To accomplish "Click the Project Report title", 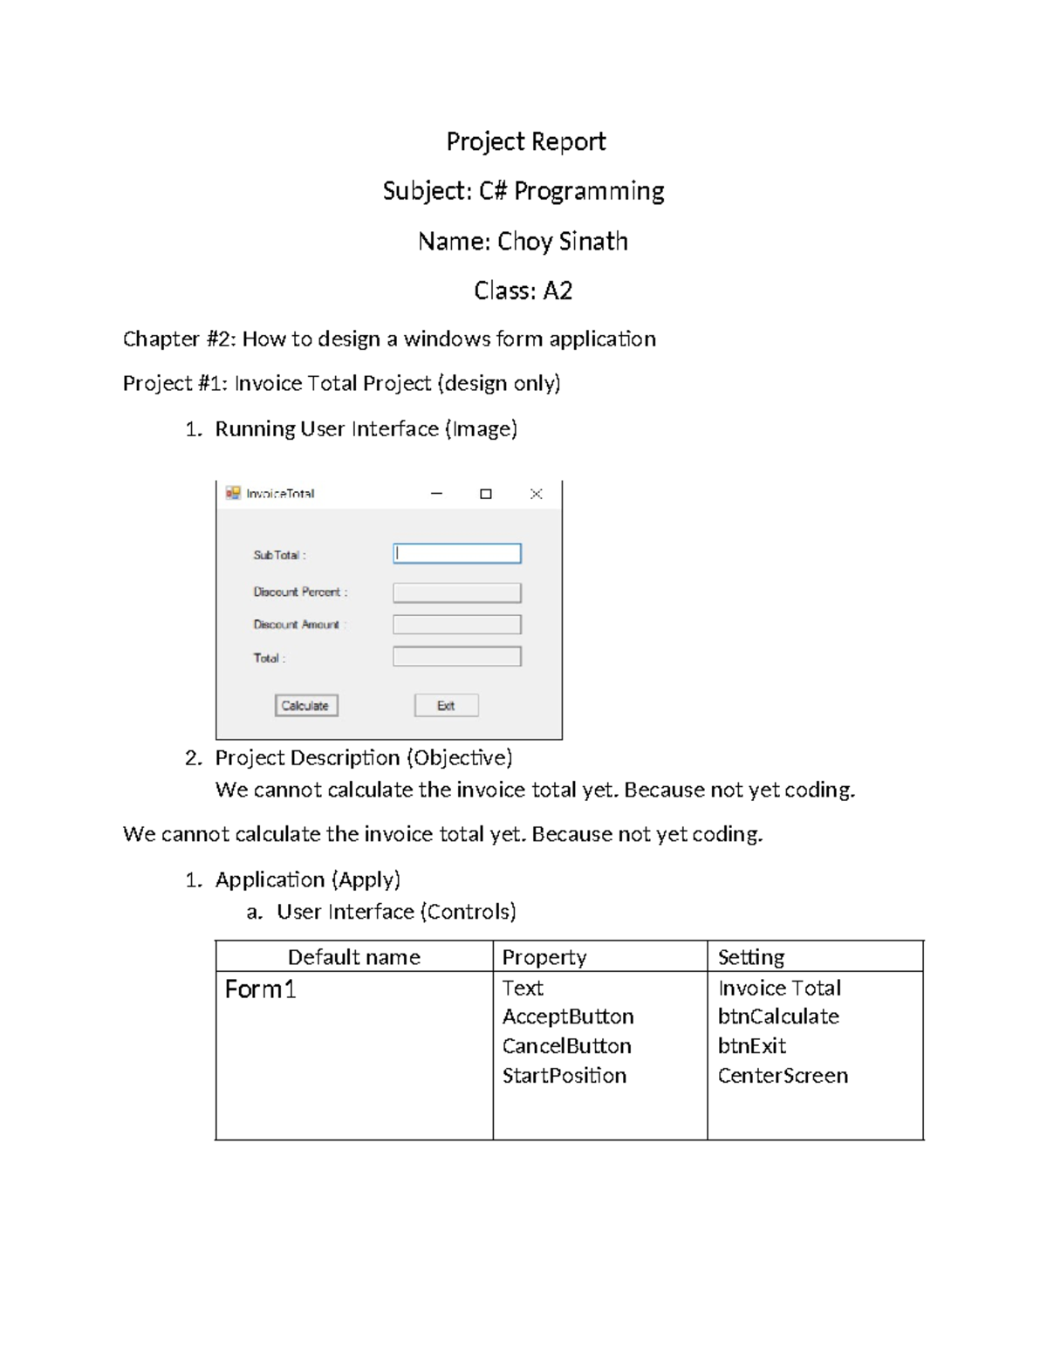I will pos(525,141).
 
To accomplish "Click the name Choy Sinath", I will pos(562,241).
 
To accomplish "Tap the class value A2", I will pos(558,291).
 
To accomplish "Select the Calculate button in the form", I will pos(306,705).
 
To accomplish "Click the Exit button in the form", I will pos(446,705).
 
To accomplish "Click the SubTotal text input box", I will pos(457,553).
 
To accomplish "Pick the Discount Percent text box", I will pos(457,592).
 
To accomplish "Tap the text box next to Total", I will pos(457,656).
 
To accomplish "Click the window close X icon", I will pos(537,494).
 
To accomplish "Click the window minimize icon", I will pos(436,494).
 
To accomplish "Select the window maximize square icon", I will pos(486,494).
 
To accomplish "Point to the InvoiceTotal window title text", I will pos(280,494).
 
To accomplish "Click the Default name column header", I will pos(353,957).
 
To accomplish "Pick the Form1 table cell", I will pos(260,989).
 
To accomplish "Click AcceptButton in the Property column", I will pos(568,1016).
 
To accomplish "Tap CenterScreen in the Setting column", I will pos(783,1076).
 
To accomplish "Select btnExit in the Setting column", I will pos(751,1046).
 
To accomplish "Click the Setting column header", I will pos(750,957).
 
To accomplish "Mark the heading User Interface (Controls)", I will pos(396,912).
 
